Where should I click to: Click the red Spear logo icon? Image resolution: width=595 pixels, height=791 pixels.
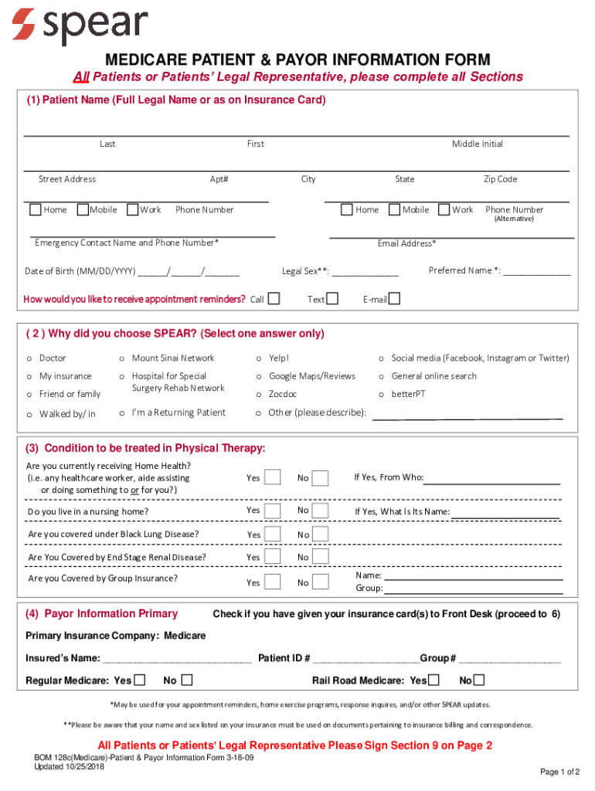click(x=23, y=24)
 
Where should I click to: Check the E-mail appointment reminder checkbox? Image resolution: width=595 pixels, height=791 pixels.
click(x=394, y=299)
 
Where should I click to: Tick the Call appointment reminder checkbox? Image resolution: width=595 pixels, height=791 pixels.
click(x=274, y=299)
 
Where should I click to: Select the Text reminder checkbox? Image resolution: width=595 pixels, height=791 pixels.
click(x=332, y=299)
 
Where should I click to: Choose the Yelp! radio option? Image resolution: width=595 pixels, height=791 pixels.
click(x=260, y=358)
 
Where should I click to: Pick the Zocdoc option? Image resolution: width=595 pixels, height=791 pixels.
click(x=260, y=395)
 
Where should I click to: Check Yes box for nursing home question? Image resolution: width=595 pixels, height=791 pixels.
click(x=272, y=511)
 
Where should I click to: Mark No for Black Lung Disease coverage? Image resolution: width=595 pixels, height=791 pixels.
click(x=320, y=535)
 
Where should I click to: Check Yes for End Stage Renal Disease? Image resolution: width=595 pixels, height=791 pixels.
click(x=272, y=557)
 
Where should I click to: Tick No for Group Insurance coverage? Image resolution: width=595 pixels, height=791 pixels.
click(x=320, y=582)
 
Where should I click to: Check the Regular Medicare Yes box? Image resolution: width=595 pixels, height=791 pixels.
click(x=139, y=681)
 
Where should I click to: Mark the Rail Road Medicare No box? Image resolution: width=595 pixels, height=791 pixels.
click(x=479, y=681)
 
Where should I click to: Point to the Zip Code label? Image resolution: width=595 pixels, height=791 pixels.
click(x=500, y=179)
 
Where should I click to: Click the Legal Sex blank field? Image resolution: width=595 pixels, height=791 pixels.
click(x=365, y=271)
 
